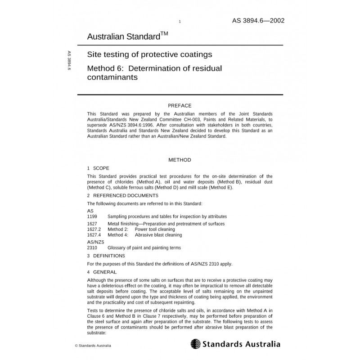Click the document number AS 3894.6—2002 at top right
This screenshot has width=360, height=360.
tap(258, 21)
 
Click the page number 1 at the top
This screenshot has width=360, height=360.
tap(180, 22)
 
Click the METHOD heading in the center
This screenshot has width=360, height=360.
tap(180, 160)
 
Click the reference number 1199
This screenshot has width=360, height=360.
tap(92, 216)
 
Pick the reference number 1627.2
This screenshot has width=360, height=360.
tap(94, 229)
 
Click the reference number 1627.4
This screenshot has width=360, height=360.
tap(94, 235)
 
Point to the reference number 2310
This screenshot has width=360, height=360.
tap(92, 248)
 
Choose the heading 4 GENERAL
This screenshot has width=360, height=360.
tap(102, 272)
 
